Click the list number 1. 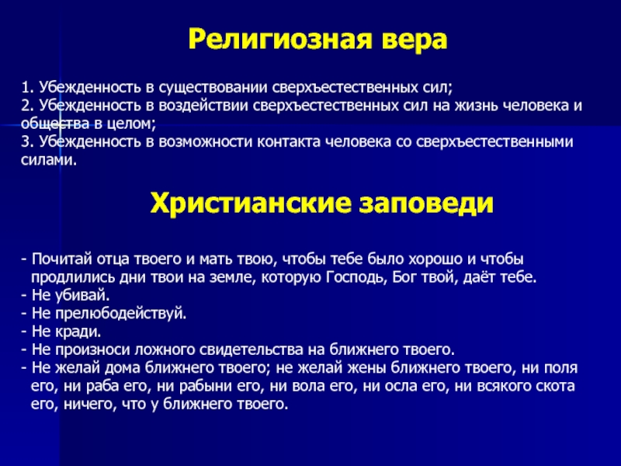[x=24, y=89]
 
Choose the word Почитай [x=57, y=259]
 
